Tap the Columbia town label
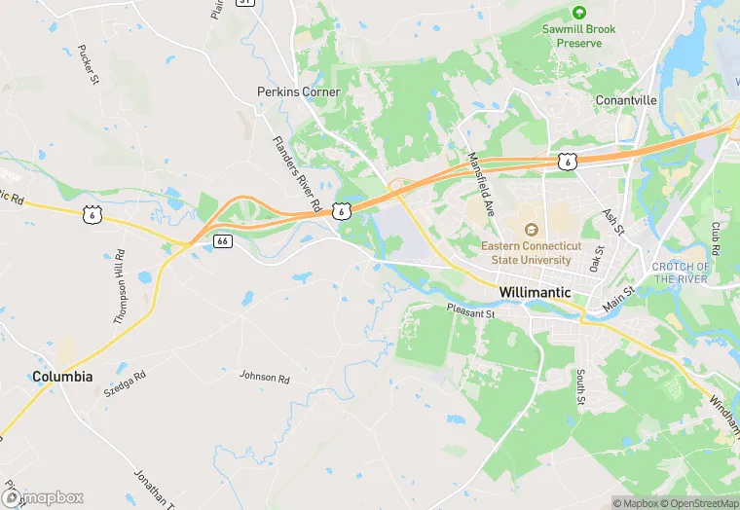click(62, 377)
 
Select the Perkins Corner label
click(299, 91)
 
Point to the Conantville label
click(626, 100)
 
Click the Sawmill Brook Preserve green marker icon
click(579, 13)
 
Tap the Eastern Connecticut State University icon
click(532, 230)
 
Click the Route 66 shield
click(223, 240)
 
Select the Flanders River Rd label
click(296, 175)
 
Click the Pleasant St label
click(471, 313)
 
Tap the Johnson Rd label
click(265, 377)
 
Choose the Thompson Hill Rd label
click(120, 286)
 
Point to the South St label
click(579, 386)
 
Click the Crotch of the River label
click(681, 273)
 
